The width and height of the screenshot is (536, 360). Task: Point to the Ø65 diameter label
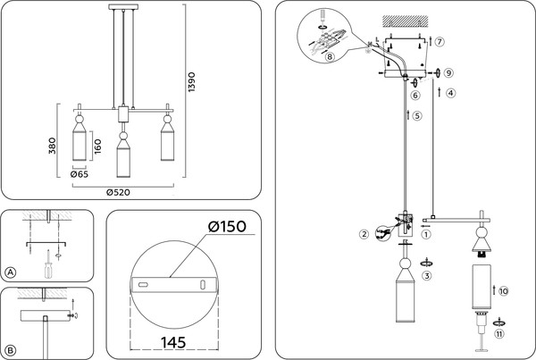82,176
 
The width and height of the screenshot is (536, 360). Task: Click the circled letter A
11,272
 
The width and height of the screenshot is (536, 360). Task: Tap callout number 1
425,236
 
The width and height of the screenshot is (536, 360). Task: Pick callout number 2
364,235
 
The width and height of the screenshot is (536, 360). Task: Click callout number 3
427,277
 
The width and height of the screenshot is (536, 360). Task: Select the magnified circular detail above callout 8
326,30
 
